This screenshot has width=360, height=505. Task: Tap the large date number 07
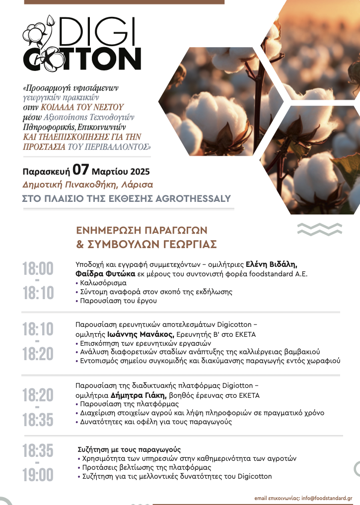coord(81,170)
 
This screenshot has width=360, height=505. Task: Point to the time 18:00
coord(38,269)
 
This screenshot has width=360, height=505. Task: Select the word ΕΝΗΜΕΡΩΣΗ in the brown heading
coord(107,231)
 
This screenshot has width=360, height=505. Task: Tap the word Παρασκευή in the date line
coord(46,172)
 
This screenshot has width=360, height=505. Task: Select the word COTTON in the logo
coord(82,59)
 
